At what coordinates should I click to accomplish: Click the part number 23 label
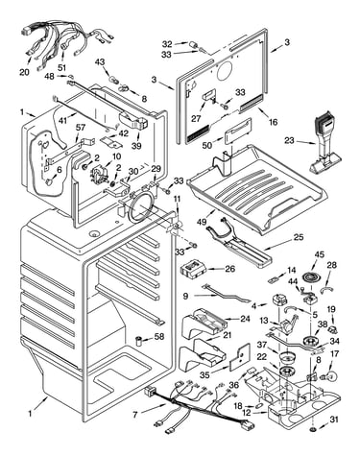click(289, 140)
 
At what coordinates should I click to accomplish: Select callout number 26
click(230, 269)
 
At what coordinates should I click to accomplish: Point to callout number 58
click(159, 336)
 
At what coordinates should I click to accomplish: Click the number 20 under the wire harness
click(24, 72)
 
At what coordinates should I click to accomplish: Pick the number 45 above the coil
click(319, 254)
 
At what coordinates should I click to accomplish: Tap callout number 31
click(334, 420)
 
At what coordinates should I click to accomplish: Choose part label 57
click(81, 128)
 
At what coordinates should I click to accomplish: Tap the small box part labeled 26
click(192, 268)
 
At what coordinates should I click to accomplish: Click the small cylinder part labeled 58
click(139, 341)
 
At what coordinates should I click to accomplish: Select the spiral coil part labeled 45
click(310, 276)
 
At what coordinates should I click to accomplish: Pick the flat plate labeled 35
click(240, 357)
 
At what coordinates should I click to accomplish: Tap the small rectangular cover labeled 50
click(238, 132)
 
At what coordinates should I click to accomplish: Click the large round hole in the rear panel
click(224, 71)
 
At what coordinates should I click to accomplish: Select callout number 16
click(273, 122)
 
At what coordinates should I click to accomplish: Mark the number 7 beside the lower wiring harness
click(135, 415)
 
